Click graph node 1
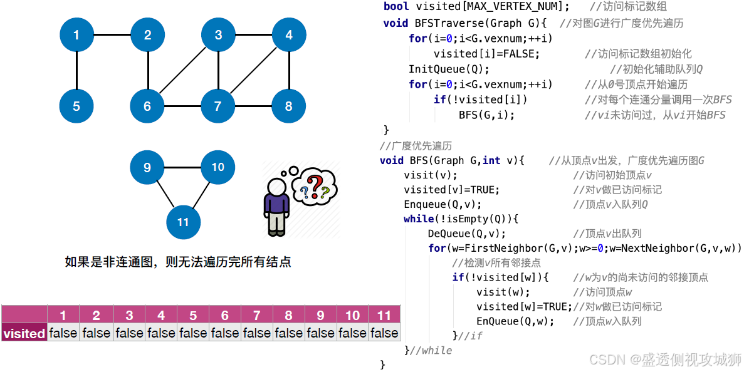click(x=76, y=34)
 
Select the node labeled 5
click(x=76, y=106)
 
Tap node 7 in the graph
click(x=217, y=106)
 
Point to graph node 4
click(x=288, y=34)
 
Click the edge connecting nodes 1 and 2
click(x=112, y=34)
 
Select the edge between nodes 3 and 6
click(x=182, y=70)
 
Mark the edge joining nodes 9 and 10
click(x=182, y=167)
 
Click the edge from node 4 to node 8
click(x=288, y=70)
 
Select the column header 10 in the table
click(x=352, y=315)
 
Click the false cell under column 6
click(x=224, y=333)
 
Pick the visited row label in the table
click(x=24, y=333)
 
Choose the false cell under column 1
click(x=63, y=333)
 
